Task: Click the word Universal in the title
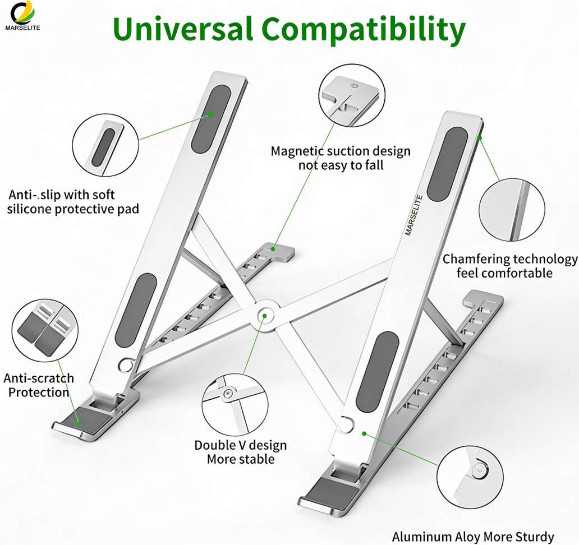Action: [x=183, y=29]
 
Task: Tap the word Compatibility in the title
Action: [x=364, y=30]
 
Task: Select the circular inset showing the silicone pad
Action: [x=105, y=145]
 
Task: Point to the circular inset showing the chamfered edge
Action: [x=512, y=210]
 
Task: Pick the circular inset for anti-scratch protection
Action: [x=45, y=330]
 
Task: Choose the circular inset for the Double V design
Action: [x=235, y=404]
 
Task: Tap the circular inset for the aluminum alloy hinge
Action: [x=470, y=478]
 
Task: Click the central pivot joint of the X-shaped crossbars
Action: [x=264, y=316]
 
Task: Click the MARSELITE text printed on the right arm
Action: [x=413, y=215]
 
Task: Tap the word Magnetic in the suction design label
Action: [x=297, y=151]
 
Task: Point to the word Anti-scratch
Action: [x=39, y=378]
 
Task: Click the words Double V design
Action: [x=240, y=445]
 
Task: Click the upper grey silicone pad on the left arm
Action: [x=211, y=119]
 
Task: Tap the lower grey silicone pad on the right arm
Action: [x=377, y=372]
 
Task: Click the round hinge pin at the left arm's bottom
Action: [x=126, y=364]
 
